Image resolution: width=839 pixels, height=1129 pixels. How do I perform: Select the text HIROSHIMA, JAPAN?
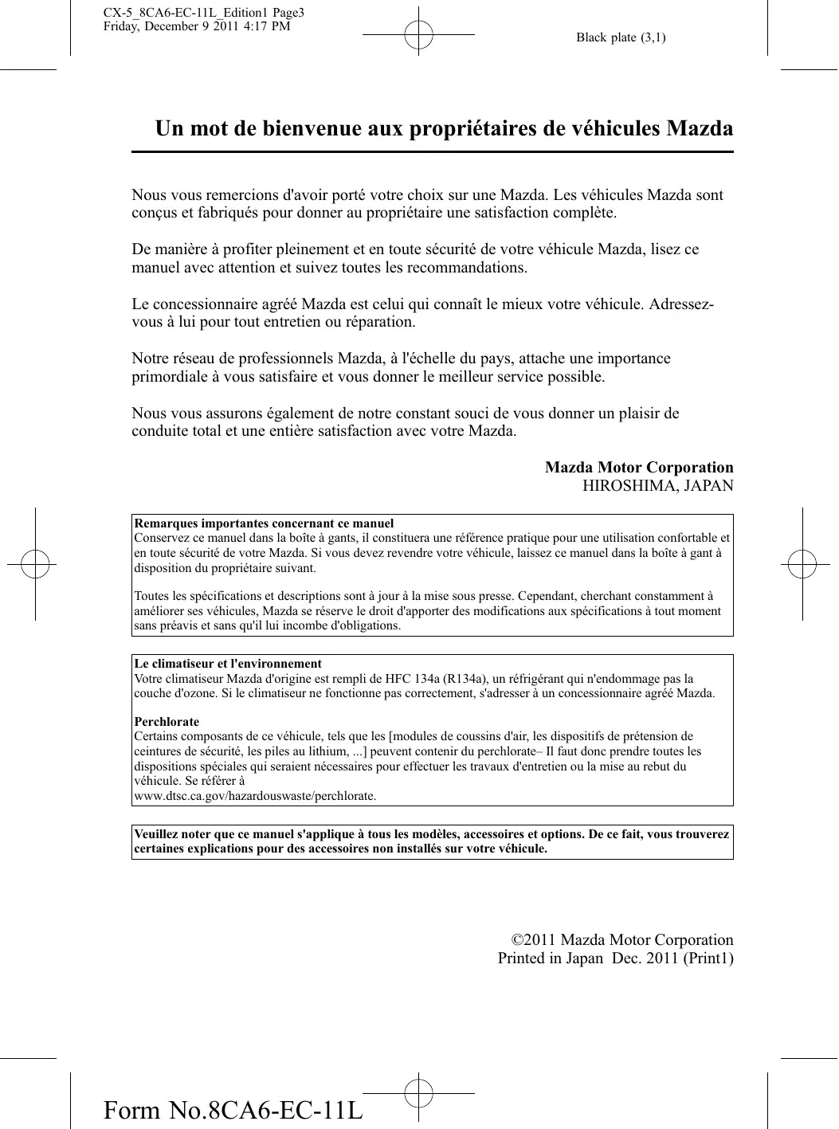657,486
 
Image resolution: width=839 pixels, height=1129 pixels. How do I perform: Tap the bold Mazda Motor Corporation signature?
639,468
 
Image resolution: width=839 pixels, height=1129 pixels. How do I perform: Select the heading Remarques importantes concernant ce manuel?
264,523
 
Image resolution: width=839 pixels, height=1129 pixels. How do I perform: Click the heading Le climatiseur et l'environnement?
228,664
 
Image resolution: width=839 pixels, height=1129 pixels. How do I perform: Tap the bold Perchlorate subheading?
167,722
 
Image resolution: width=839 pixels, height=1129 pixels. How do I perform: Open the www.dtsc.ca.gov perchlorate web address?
255,796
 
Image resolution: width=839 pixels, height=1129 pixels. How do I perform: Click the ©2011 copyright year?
534,940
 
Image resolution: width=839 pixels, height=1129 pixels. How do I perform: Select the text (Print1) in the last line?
708,958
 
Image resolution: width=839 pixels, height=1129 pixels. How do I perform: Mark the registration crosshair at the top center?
418,35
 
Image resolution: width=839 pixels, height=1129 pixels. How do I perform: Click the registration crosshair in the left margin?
35,563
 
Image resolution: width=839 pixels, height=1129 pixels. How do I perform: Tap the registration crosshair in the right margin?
802,563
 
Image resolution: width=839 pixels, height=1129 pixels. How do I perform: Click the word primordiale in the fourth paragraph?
170,377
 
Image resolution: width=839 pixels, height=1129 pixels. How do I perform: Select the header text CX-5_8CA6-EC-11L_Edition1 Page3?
204,13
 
